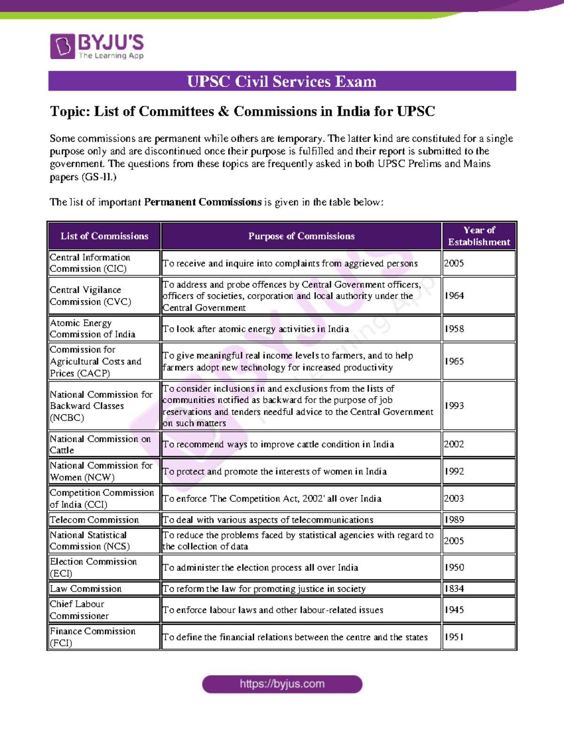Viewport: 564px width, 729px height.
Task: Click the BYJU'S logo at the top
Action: (x=97, y=46)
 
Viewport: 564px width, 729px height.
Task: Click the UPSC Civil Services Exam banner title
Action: (x=282, y=81)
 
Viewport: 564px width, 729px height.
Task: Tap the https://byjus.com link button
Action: (x=282, y=684)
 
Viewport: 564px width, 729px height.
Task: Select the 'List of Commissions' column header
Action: (x=104, y=236)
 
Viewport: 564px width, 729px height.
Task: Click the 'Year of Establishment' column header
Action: (x=478, y=236)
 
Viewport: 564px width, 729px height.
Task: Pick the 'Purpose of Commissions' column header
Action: (x=301, y=236)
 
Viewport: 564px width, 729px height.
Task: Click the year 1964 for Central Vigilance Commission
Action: (x=454, y=296)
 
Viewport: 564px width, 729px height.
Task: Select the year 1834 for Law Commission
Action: (x=454, y=589)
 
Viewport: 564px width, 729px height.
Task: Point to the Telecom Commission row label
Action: (x=94, y=520)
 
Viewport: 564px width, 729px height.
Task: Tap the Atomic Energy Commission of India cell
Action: (x=93, y=329)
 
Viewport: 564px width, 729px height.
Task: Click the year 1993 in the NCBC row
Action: (x=454, y=406)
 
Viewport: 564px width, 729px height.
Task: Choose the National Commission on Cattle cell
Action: (x=100, y=444)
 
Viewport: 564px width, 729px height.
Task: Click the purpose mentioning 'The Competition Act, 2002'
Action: (x=272, y=499)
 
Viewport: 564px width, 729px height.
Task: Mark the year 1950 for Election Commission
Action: (x=454, y=568)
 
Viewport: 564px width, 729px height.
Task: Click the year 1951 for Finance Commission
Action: (x=454, y=637)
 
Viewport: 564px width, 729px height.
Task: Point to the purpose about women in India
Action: (x=274, y=471)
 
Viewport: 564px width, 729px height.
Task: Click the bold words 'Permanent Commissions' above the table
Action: (x=203, y=202)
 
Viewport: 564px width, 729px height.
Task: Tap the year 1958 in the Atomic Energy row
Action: (x=454, y=329)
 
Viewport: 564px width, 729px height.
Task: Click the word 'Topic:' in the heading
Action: (x=70, y=112)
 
